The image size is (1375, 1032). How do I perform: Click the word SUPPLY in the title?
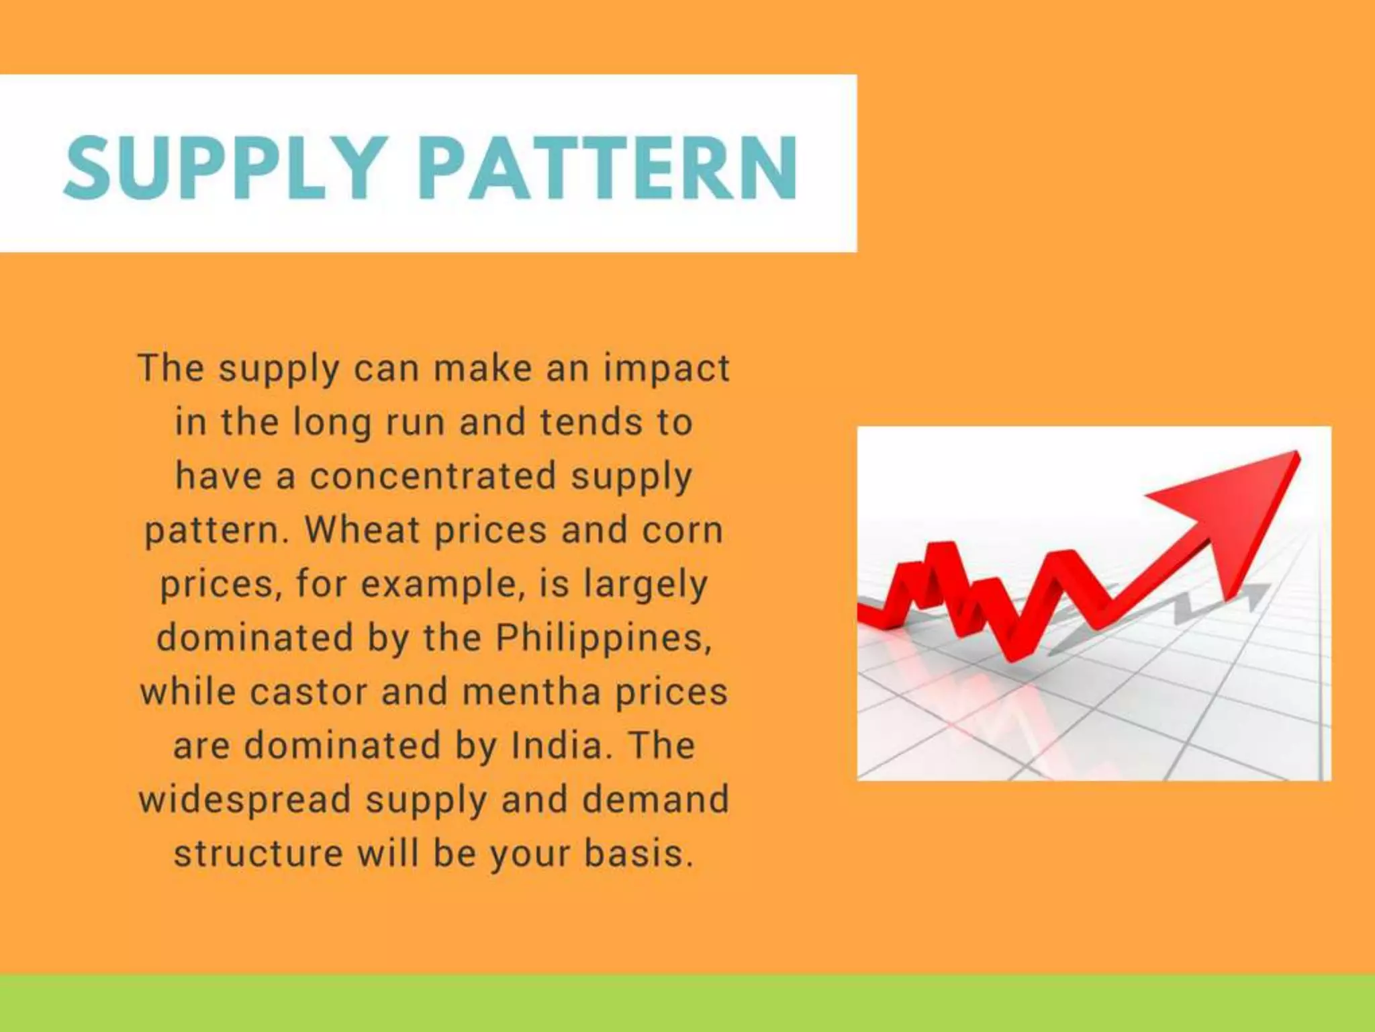click(x=226, y=167)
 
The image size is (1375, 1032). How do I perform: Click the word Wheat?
click(x=362, y=530)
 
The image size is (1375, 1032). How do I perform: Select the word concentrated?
click(x=433, y=476)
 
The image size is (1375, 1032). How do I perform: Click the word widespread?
click(x=245, y=800)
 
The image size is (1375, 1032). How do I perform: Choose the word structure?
click(x=258, y=853)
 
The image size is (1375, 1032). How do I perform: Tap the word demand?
click(x=655, y=800)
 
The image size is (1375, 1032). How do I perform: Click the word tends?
click(x=591, y=423)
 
